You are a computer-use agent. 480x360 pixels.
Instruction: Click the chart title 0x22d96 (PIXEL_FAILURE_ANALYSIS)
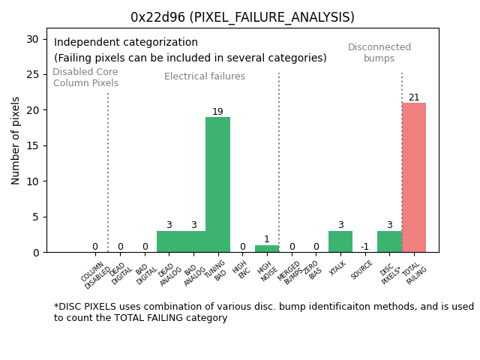pos(242,17)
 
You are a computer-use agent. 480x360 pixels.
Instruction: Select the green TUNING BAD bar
pos(217,184)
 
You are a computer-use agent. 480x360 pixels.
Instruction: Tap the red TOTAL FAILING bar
pos(414,177)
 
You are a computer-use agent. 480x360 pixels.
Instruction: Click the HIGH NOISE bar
pos(267,248)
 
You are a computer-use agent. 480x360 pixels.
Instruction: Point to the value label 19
pos(217,112)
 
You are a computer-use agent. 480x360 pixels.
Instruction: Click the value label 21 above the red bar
pos(414,97)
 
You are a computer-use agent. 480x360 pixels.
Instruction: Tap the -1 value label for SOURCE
pos(364,247)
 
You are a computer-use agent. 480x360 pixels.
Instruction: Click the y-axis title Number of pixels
pos(16,140)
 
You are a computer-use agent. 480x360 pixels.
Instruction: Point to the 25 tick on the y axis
pos(34,74)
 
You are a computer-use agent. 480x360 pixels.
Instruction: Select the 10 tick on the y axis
pos(34,181)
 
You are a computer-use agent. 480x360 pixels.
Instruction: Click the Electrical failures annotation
pos(205,76)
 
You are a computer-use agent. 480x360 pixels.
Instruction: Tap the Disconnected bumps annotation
pos(379,52)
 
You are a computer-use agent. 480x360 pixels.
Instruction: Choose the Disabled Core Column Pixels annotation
pos(85,77)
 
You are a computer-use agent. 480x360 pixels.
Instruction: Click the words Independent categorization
pos(126,43)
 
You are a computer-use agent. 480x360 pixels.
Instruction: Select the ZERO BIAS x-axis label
pos(313,271)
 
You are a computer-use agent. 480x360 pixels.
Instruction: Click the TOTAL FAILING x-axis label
pos(415,274)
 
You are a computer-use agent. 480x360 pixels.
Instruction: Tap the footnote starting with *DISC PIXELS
pos(263,312)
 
